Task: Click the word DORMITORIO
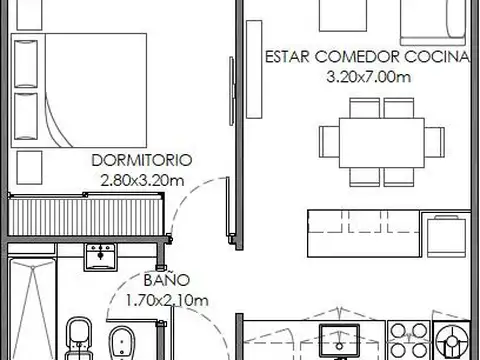[x=142, y=160]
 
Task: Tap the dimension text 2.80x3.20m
[x=142, y=181]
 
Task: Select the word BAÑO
[x=167, y=279]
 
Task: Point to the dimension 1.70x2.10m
[x=167, y=301]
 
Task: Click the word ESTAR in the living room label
[x=287, y=57]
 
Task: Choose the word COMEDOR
[x=357, y=57]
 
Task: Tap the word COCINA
[x=437, y=57]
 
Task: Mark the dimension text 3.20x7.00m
[x=368, y=77]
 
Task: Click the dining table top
[x=382, y=143]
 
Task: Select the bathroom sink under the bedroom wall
[x=100, y=257]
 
